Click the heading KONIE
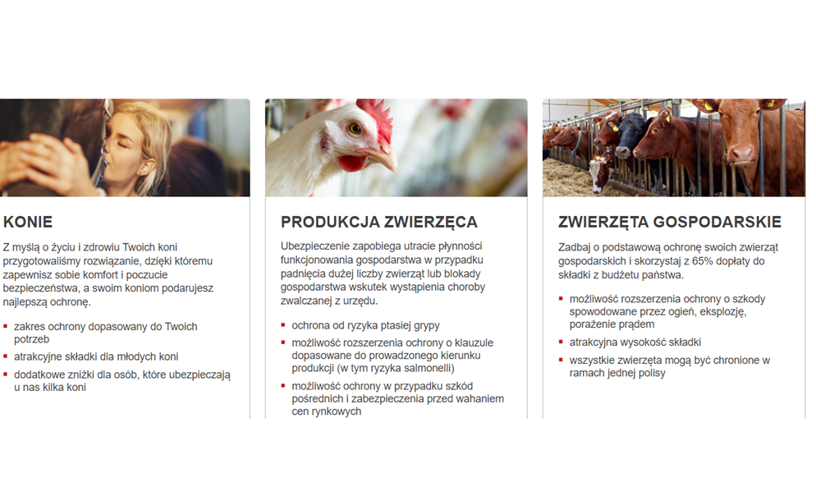28,223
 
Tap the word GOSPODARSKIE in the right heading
717,223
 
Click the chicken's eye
355,128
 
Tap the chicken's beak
383,158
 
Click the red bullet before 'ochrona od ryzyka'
283,325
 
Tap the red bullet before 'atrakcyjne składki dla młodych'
5,356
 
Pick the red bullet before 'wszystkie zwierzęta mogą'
561,360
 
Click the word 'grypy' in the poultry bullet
426,326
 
